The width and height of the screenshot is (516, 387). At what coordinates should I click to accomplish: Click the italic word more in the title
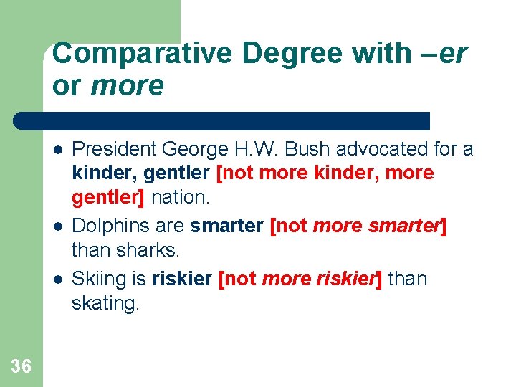(x=128, y=86)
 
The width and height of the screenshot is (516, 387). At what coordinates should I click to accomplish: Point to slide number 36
(x=21, y=367)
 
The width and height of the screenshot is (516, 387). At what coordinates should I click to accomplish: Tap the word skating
(x=105, y=303)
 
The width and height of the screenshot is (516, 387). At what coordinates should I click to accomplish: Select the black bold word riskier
(x=182, y=279)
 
